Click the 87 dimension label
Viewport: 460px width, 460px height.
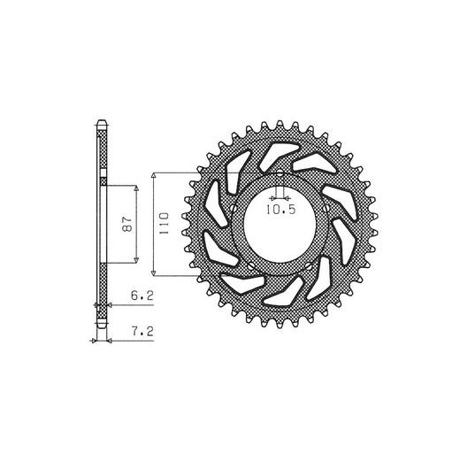pyautogui.click(x=127, y=224)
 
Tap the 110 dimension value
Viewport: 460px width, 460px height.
pyautogui.click(x=164, y=223)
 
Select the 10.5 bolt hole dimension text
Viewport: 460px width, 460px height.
pyautogui.click(x=280, y=210)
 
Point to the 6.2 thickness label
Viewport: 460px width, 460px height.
pyautogui.click(x=142, y=295)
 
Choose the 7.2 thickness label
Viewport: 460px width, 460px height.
pyautogui.click(x=142, y=332)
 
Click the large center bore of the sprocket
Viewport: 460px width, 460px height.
pyautogui.click(x=280, y=224)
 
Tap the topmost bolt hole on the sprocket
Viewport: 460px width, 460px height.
pyautogui.click(x=280, y=173)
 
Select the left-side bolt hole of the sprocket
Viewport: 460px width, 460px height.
pyautogui.click(x=234, y=208)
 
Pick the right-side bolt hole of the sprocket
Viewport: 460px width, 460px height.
pyautogui.click(x=326, y=208)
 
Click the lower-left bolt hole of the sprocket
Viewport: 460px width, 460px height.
pyautogui.click(x=251, y=266)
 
